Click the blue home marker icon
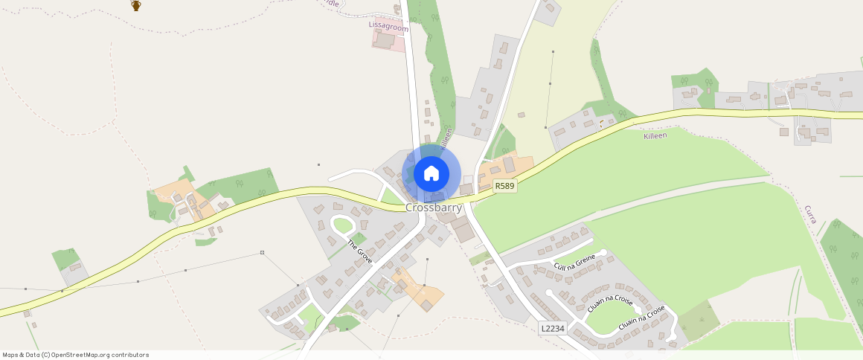pyautogui.click(x=431, y=174)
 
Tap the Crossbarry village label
pyautogui.click(x=434, y=208)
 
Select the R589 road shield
pyautogui.click(x=504, y=186)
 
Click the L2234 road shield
pyautogui.click(x=553, y=328)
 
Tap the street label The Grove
pyautogui.click(x=360, y=252)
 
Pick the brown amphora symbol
pyautogui.click(x=136, y=5)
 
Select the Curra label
pyautogui.click(x=812, y=215)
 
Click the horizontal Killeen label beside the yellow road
pyautogui.click(x=655, y=136)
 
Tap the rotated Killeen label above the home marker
pyautogui.click(x=446, y=138)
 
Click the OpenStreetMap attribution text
pyautogui.click(x=75, y=355)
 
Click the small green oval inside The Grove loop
pyautogui.click(x=342, y=225)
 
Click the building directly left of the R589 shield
pyautogui.click(x=466, y=190)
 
